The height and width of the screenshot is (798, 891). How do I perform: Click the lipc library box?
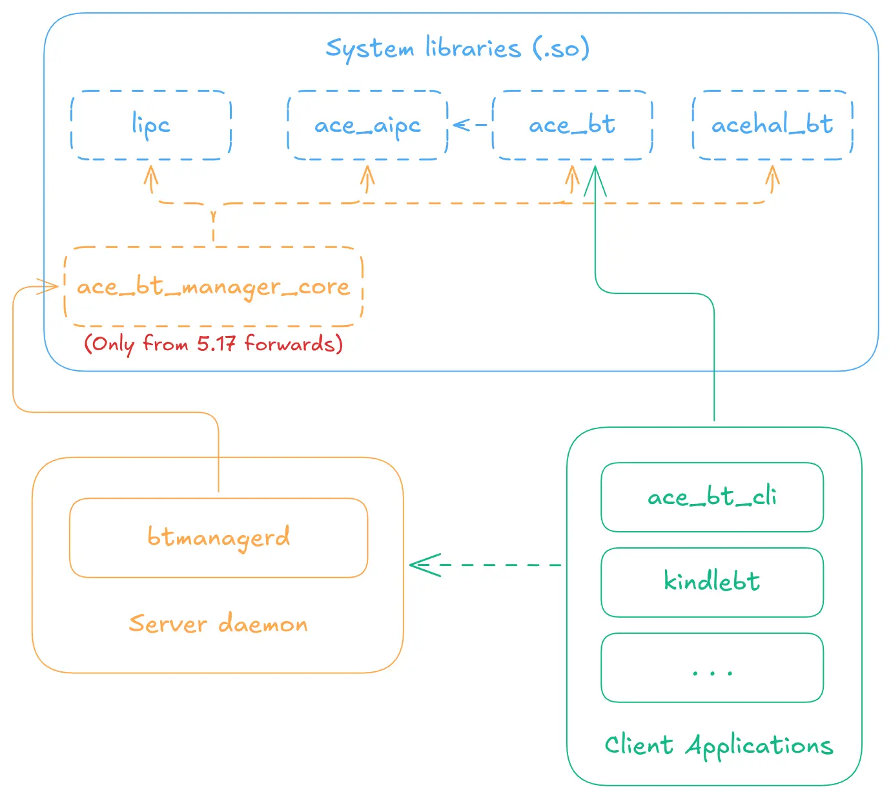pos(151,125)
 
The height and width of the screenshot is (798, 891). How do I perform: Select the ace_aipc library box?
pos(367,125)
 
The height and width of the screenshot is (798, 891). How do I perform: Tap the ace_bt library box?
pos(572,125)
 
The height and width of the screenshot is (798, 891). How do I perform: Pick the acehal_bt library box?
pos(772,125)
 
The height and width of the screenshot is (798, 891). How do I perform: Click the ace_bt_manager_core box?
pos(213,286)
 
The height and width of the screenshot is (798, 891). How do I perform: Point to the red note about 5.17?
pos(213,343)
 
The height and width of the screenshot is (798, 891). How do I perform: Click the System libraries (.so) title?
pos(457,48)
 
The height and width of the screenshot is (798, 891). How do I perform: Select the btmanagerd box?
pos(218,538)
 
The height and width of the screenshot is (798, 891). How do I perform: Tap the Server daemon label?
pos(218,624)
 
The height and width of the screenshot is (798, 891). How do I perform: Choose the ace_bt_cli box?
pos(712,497)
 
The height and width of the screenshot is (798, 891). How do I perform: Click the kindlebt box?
pos(712,582)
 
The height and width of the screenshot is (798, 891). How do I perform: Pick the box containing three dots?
pos(712,667)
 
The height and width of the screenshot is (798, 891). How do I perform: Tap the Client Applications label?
pos(719,746)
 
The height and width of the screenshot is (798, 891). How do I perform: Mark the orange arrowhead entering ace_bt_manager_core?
pos(49,286)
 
